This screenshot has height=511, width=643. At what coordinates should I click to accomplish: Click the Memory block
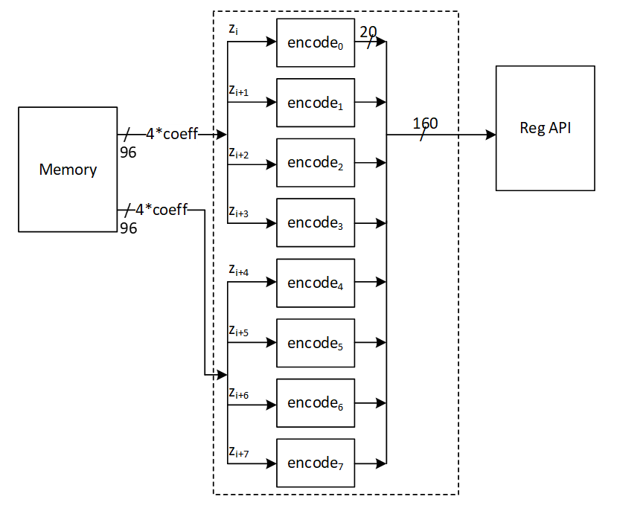(x=68, y=169)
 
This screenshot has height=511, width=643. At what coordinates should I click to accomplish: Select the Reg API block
(x=545, y=128)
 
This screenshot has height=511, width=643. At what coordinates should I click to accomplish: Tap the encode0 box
(x=316, y=42)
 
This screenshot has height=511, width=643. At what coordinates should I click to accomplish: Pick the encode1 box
(x=316, y=103)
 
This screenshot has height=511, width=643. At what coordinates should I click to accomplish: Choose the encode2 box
(x=316, y=163)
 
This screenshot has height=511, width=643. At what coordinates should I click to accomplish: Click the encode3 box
(x=316, y=222)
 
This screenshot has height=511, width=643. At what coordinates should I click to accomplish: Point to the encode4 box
(x=316, y=283)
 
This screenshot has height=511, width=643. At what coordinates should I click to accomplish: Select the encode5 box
(x=316, y=343)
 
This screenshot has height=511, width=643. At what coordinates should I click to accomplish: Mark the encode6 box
(x=316, y=403)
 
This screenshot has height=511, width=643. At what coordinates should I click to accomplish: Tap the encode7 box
(x=316, y=463)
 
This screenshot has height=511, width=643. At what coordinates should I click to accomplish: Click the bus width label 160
(x=425, y=123)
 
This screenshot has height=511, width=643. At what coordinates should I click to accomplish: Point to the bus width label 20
(x=368, y=32)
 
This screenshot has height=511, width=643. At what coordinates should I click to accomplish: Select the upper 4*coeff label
(x=172, y=135)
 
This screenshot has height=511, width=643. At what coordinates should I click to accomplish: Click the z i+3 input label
(x=239, y=213)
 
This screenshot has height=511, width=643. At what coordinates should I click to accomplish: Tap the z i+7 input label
(x=239, y=453)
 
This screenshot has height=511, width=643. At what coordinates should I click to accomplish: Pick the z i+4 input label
(x=239, y=271)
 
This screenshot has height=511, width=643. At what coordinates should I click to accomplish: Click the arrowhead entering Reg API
(x=491, y=135)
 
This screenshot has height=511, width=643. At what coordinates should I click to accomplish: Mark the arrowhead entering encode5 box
(x=272, y=343)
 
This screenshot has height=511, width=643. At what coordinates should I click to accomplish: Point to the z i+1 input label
(x=239, y=91)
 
